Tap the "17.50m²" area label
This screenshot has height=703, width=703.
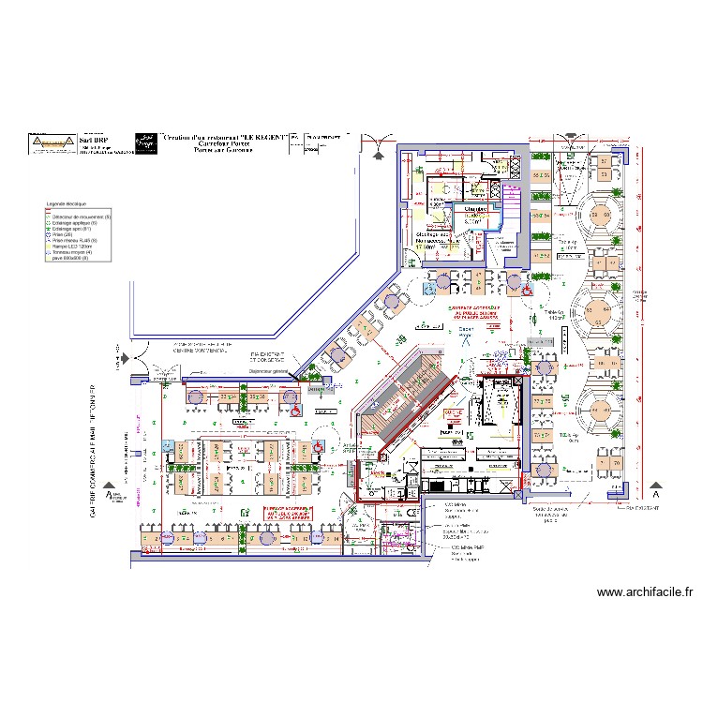tap(426, 247)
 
